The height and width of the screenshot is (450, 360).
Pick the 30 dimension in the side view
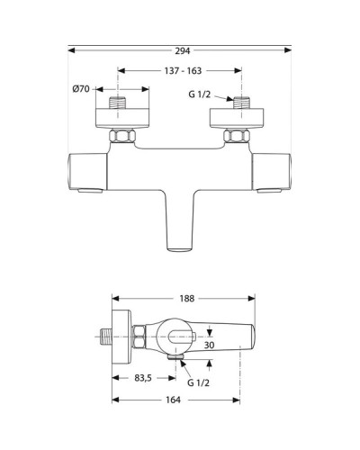point(209,345)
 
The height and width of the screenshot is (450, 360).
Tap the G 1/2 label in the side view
point(200,382)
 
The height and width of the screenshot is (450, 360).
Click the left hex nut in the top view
point(122,137)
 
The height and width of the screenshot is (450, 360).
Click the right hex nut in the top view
point(238,137)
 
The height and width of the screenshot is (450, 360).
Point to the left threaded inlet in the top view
point(122,103)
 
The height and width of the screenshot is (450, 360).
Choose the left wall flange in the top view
point(122,119)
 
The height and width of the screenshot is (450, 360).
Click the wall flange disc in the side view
point(117,339)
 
